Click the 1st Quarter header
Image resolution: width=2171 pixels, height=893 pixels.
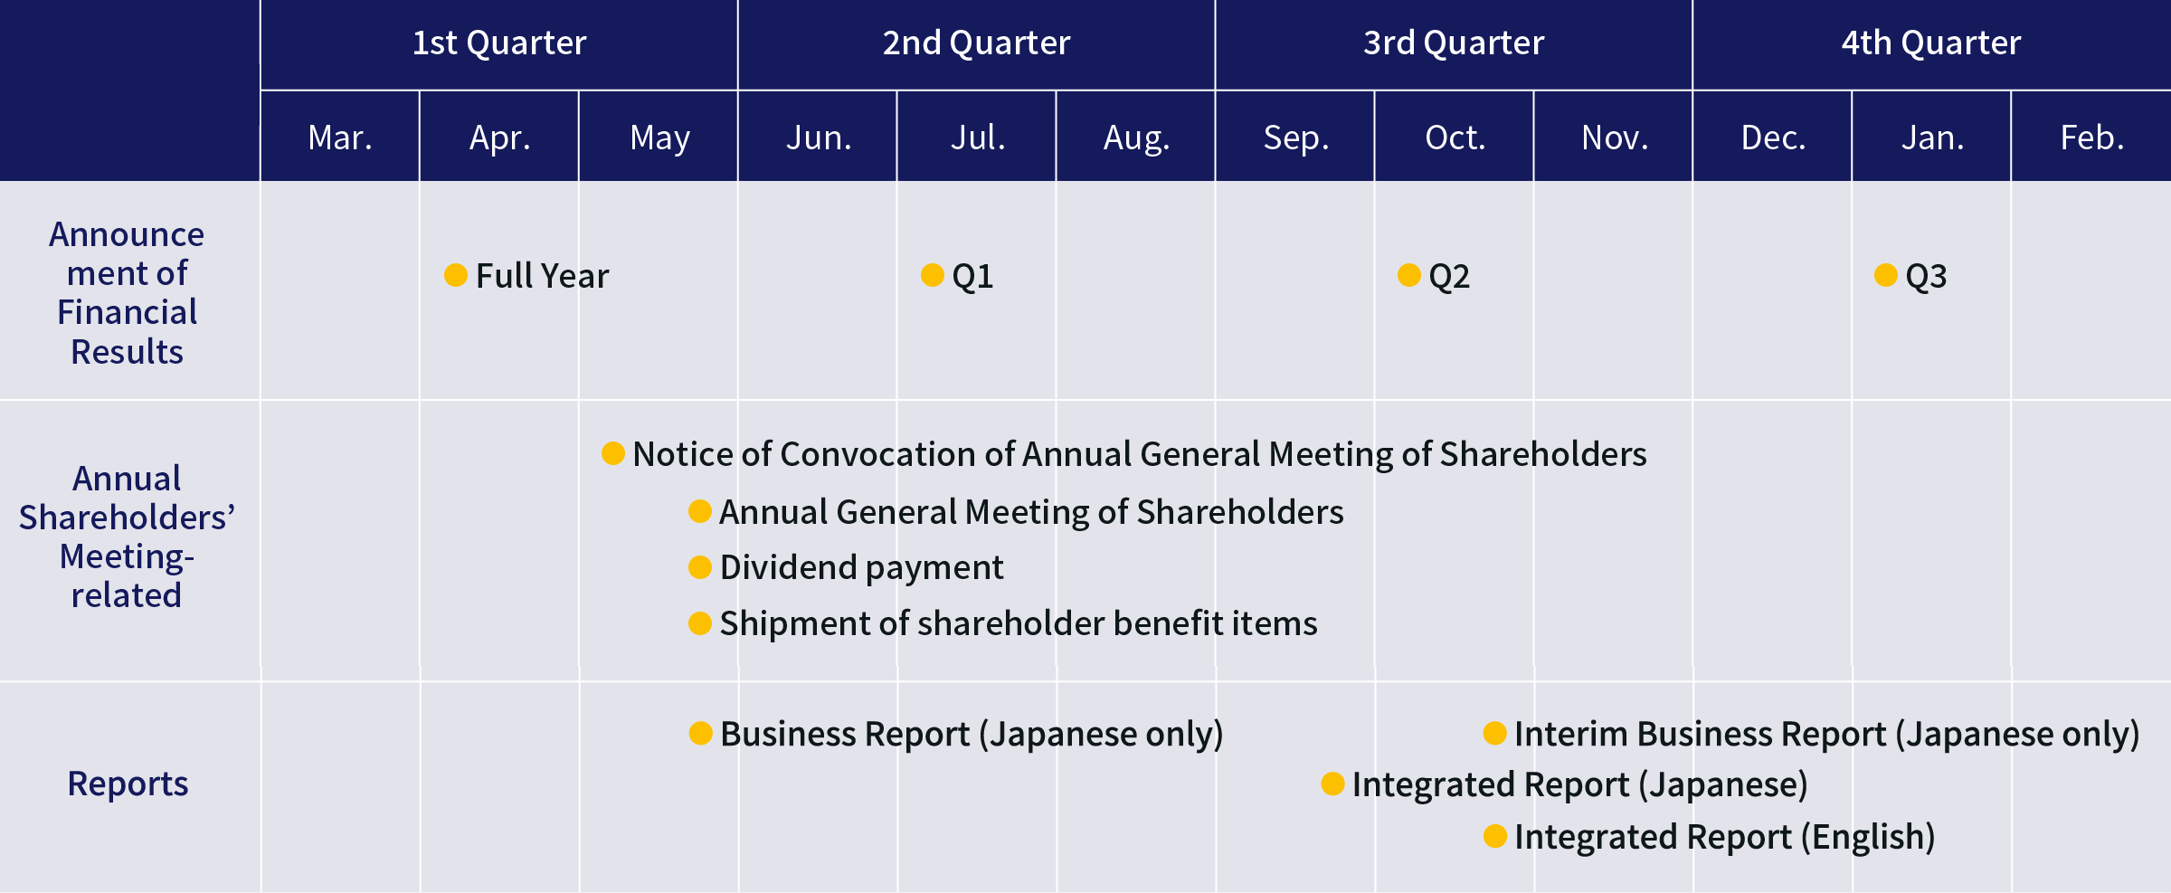pos(499,43)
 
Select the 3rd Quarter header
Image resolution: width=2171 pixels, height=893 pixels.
pos(1454,43)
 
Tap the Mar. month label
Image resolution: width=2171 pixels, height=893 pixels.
pos(340,138)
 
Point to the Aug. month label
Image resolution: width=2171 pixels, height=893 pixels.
pos(1136,138)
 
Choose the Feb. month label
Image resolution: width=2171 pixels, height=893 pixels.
pos(2091,138)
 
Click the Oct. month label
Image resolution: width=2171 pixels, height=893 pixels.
pos(1455,138)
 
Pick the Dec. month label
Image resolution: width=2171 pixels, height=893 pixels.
pos(1773,138)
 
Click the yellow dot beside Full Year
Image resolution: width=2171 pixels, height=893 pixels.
pos(456,274)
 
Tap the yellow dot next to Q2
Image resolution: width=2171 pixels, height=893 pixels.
pos(1409,274)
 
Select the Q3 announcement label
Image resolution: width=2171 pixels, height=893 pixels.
pos(1926,276)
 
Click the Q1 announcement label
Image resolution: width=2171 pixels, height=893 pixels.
pos(972,276)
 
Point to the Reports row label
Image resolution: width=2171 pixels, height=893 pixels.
pos(128,784)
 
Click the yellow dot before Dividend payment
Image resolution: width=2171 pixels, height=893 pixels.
pos(700,567)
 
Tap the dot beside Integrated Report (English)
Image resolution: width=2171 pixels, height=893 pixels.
pos(1495,836)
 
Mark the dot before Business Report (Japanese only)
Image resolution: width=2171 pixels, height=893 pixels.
pos(701,733)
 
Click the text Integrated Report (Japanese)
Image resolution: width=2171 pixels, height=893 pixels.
pos(1580,784)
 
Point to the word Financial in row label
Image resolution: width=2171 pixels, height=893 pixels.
pos(127,312)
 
